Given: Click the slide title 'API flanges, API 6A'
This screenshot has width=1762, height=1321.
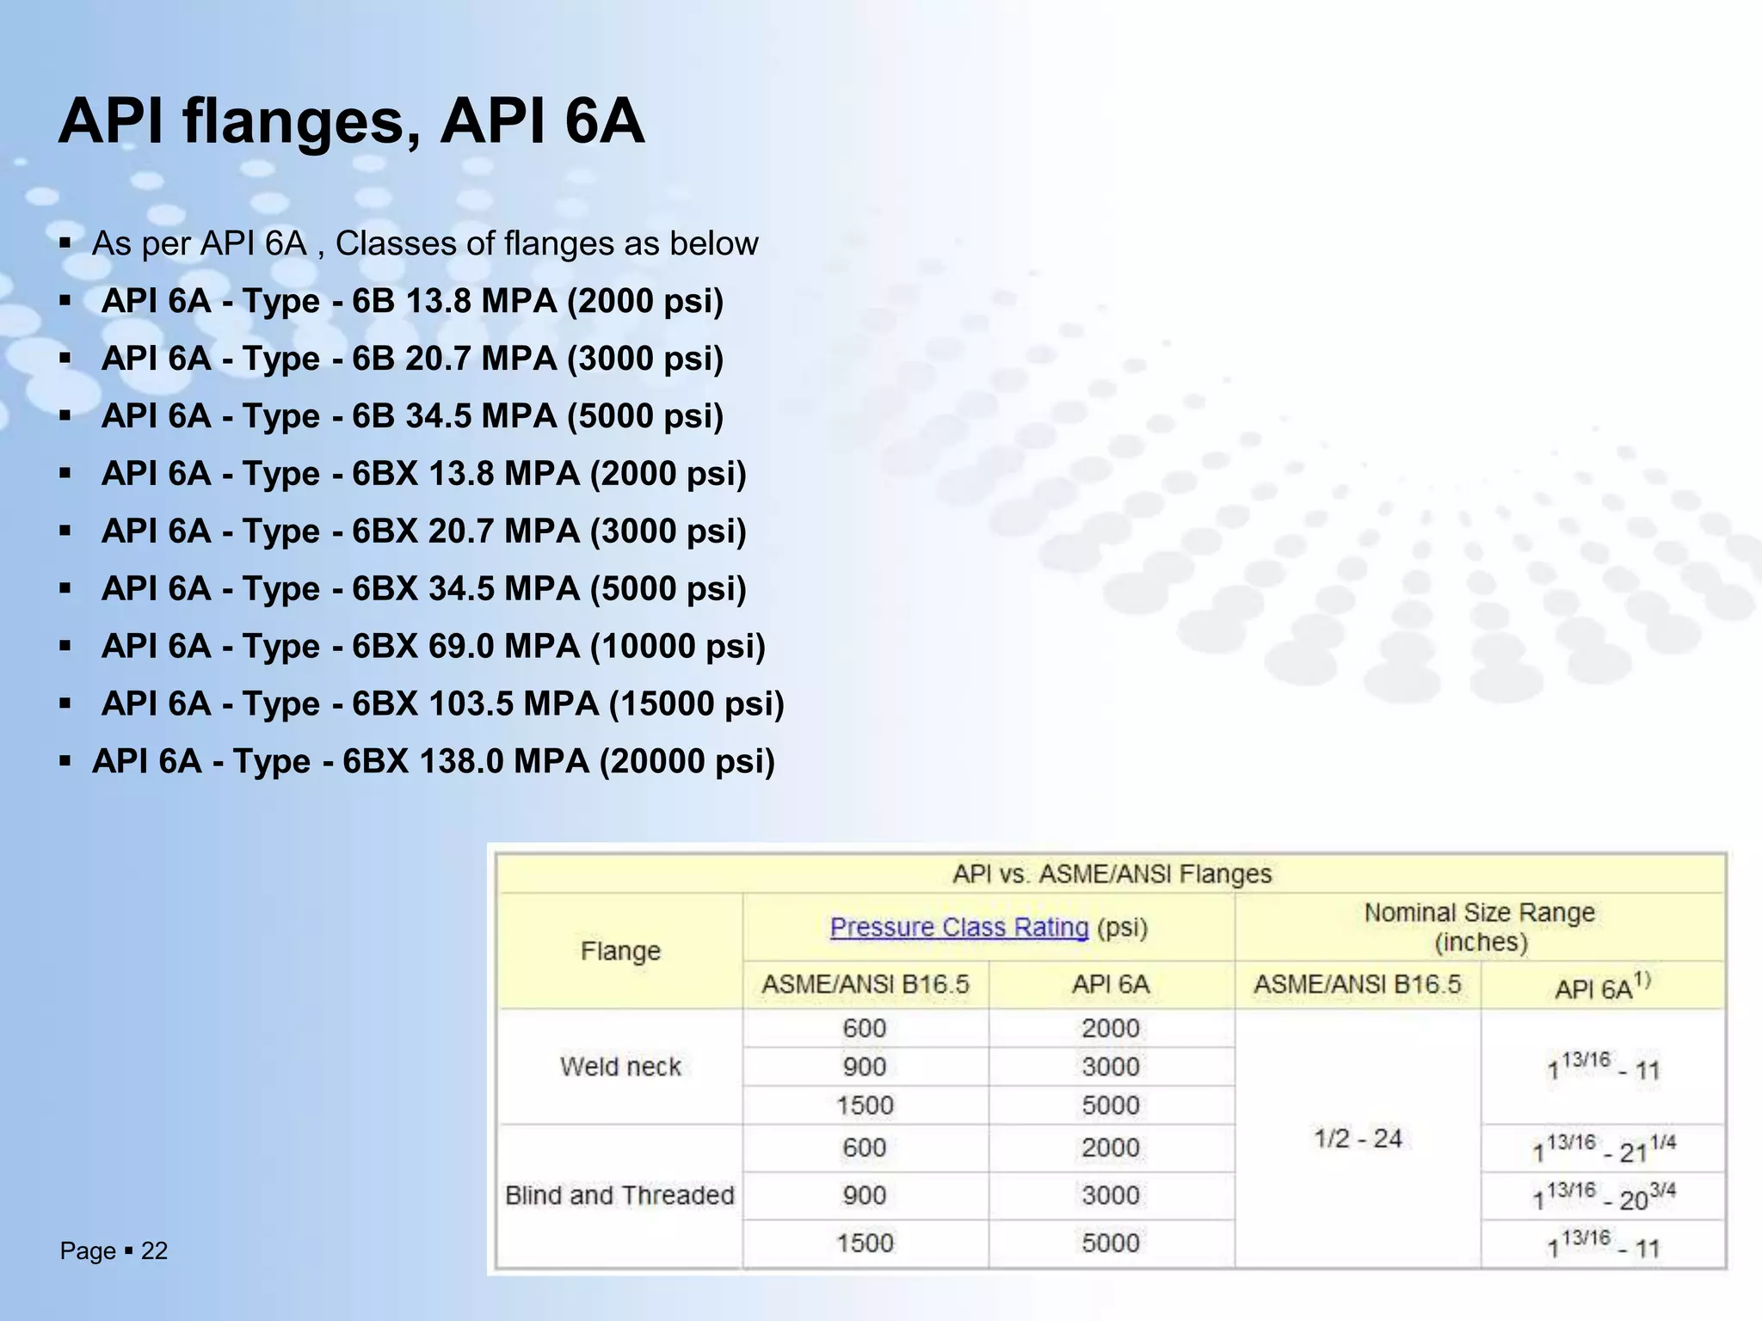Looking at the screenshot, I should tap(351, 122).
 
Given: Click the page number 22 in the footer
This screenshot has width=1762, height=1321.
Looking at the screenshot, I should tap(154, 1250).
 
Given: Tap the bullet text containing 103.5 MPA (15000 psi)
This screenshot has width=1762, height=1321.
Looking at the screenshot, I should tap(442, 704).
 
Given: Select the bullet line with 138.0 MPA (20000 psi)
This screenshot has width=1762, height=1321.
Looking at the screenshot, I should tap(433, 761).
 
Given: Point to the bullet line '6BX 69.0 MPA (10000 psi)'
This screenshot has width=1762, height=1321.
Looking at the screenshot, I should tap(433, 646).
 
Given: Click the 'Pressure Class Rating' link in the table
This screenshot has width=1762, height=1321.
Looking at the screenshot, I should tap(958, 927).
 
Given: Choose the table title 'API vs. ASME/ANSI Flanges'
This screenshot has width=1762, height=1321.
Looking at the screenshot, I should tap(1112, 874).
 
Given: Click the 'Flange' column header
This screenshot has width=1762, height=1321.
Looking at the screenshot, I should tap(620, 950).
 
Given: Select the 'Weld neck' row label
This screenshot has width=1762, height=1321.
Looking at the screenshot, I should tap(620, 1066).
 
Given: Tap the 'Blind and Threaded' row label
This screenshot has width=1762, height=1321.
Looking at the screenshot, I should tap(619, 1195).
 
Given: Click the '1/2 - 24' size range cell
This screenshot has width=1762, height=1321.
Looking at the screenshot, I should tap(1358, 1139).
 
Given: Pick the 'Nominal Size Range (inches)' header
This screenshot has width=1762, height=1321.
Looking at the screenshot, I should tap(1480, 926).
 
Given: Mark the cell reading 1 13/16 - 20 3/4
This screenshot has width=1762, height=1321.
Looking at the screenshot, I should tap(1604, 1196).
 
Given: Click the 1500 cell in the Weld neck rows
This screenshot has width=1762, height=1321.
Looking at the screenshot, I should tap(865, 1105).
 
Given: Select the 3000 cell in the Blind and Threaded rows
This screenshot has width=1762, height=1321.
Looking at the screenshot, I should tap(1111, 1195).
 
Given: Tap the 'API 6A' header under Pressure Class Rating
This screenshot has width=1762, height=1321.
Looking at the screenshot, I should tap(1111, 984).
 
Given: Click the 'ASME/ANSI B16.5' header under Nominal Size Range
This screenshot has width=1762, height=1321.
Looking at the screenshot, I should tap(1358, 984).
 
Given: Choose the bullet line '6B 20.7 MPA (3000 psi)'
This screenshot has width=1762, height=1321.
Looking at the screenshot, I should tap(412, 359).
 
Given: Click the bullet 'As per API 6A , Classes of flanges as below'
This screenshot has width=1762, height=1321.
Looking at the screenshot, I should tap(425, 243).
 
